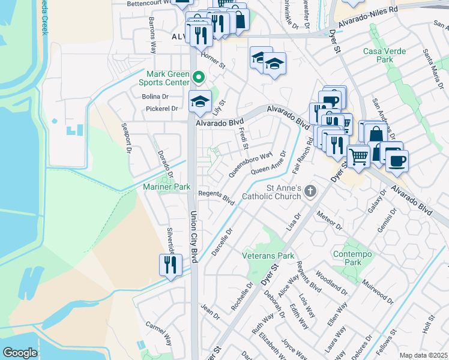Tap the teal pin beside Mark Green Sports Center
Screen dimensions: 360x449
click(x=199, y=77)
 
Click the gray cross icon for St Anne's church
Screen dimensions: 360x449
click(x=310, y=191)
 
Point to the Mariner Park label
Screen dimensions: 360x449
click(x=167, y=187)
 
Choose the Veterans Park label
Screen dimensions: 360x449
click(x=268, y=256)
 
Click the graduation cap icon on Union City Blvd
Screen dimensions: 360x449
click(x=200, y=102)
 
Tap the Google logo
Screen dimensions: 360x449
click(x=20, y=352)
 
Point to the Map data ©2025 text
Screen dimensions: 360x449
click(x=423, y=355)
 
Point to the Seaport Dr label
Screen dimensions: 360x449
click(x=127, y=139)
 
